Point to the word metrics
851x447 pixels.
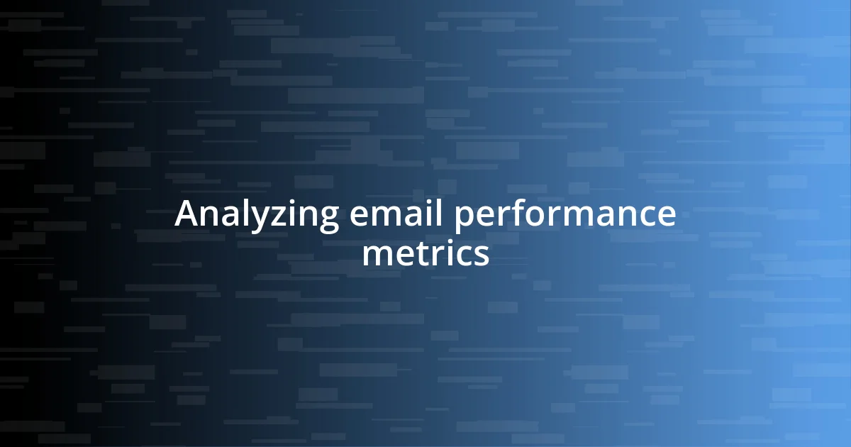coord(425,254)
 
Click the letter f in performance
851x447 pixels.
coord(514,213)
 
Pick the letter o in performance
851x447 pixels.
coord(531,216)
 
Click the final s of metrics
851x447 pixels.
coord(481,256)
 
